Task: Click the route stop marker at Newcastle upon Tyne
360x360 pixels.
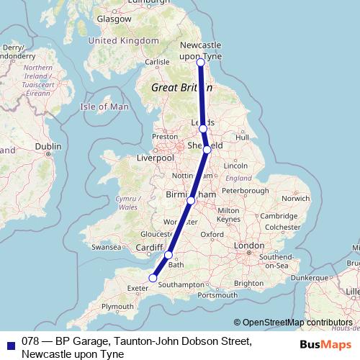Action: tap(200, 63)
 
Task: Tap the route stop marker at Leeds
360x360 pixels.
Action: tap(203, 128)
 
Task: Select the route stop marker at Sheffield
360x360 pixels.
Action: tap(207, 150)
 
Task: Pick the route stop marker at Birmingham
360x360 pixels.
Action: tap(191, 200)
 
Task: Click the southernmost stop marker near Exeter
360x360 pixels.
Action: tap(153, 277)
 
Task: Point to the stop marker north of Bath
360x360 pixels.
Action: tap(168, 255)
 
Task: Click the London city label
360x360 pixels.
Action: tap(249, 246)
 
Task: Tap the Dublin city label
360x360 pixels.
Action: tap(48, 146)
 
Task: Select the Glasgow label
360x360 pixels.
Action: tap(114, 19)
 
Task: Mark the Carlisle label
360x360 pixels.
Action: tap(158, 63)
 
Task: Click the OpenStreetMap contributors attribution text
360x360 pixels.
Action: tap(297, 323)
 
